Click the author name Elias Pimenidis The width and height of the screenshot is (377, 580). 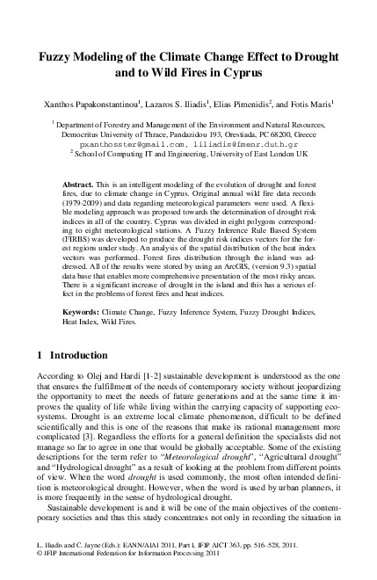(245, 102)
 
